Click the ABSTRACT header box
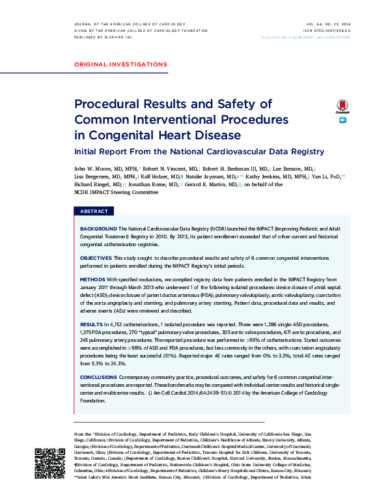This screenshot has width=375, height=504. pyautogui.click(x=94, y=212)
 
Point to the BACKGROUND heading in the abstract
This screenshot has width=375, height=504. pyautogui.click(x=98, y=229)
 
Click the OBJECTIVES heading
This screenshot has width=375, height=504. pyautogui.click(x=96, y=259)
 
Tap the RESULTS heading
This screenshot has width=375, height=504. pyautogui.click(x=91, y=324)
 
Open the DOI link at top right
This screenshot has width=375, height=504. pyautogui.click(x=315, y=37)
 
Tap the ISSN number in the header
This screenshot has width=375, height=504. pyautogui.click(x=327, y=31)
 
